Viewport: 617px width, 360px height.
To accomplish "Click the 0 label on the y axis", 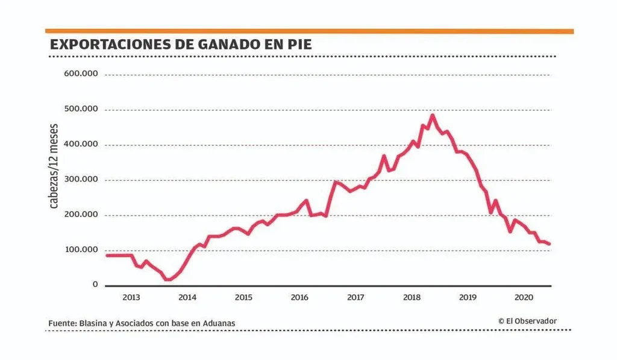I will click(x=95, y=284).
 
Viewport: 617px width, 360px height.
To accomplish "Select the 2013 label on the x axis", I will click(x=131, y=297).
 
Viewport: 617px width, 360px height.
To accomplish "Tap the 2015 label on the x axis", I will click(x=243, y=297).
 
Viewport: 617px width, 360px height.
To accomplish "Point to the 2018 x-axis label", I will click(x=412, y=297).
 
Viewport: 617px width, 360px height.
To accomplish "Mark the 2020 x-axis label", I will click(x=524, y=297).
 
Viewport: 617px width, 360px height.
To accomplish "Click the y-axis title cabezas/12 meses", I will click(x=54, y=166).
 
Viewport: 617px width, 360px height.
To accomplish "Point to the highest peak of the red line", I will click(x=433, y=115).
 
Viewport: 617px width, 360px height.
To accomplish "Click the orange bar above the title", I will click(x=309, y=31).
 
